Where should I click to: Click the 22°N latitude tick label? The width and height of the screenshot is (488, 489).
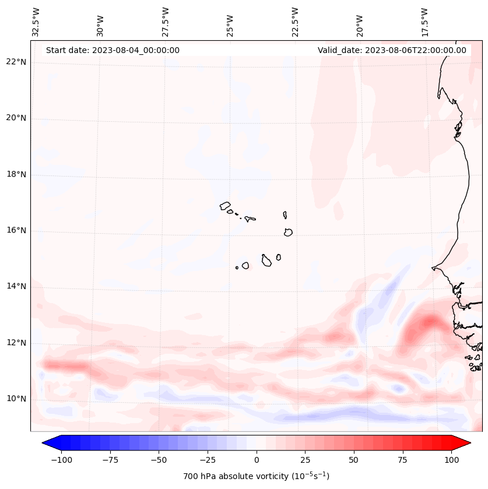[17, 62]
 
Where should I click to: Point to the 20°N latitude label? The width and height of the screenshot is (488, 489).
[17, 118]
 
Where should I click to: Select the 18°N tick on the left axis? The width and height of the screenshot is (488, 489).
[17, 174]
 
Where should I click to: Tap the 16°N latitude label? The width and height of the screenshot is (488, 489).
[17, 230]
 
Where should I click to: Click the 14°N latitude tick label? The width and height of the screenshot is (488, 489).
[17, 286]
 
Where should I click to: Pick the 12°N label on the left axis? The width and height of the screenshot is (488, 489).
[17, 343]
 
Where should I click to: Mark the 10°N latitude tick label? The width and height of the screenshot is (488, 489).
[17, 399]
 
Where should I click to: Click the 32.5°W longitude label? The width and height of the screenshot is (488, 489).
[36, 22]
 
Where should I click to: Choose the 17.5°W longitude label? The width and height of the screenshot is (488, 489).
[424, 22]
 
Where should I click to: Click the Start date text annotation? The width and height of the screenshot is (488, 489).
[113, 50]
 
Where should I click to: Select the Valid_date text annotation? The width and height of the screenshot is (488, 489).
[392, 50]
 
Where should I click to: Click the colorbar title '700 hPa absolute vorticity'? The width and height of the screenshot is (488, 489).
[256, 476]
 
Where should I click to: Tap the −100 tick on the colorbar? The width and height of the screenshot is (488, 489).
[61, 460]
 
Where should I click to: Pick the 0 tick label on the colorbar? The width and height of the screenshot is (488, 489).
[256, 460]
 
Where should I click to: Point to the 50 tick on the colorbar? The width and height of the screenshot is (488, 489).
[354, 460]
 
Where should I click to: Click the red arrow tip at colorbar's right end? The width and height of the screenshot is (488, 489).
[464, 443]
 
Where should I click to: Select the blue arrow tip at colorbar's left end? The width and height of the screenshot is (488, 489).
[48, 443]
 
